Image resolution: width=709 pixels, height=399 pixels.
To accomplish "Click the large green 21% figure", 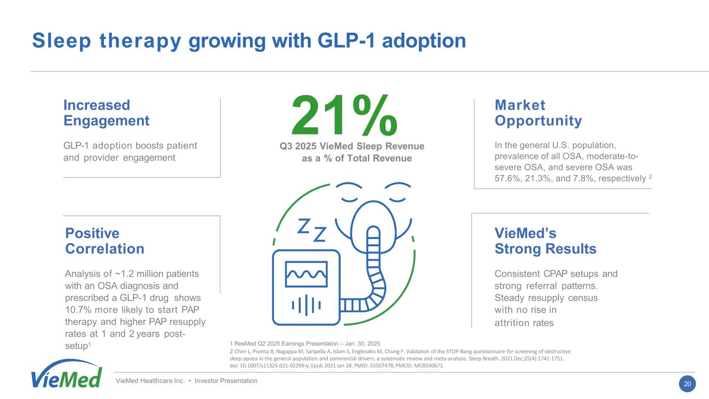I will pyautogui.click(x=344, y=116).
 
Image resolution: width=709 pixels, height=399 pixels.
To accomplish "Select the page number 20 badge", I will pyautogui.click(x=687, y=384).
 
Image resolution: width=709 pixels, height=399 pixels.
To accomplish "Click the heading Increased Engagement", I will pyautogui.click(x=106, y=113).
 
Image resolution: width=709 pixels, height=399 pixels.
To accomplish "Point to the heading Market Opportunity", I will pyautogui.click(x=538, y=113).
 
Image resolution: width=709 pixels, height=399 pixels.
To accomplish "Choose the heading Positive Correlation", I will pyautogui.click(x=104, y=241).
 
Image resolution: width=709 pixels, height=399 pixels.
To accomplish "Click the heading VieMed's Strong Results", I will pyautogui.click(x=545, y=241).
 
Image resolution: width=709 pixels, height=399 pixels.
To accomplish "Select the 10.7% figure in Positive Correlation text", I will pyautogui.click(x=77, y=310).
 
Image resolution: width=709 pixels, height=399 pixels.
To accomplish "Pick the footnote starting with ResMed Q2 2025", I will pyautogui.click(x=305, y=343).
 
